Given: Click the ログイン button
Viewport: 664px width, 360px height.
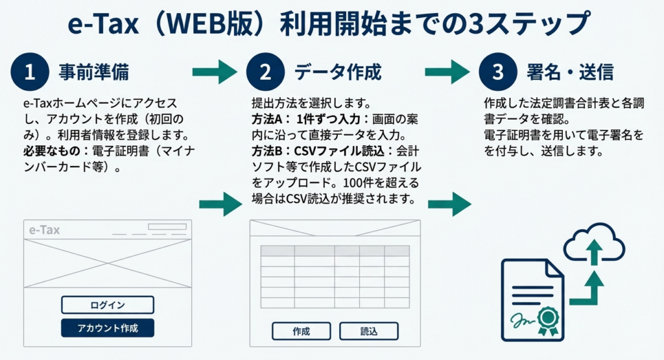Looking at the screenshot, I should pos(108,305).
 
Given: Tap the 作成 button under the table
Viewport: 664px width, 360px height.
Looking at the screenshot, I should pos(301,331).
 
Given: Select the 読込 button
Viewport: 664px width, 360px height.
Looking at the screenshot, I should pos(369,331).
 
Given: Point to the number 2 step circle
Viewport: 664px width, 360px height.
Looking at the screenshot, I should pos(263,72).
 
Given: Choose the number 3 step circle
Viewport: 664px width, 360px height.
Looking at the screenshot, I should pos(497,72).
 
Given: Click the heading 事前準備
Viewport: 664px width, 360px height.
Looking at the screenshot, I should pos(98,72).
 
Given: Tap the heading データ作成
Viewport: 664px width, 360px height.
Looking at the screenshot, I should pos(338,72).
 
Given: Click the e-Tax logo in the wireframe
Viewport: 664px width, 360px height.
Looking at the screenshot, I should pos(45,230).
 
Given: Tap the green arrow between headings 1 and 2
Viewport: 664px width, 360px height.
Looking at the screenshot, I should pos(215,71).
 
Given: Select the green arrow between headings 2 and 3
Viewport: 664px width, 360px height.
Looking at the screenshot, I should pos(447,71).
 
